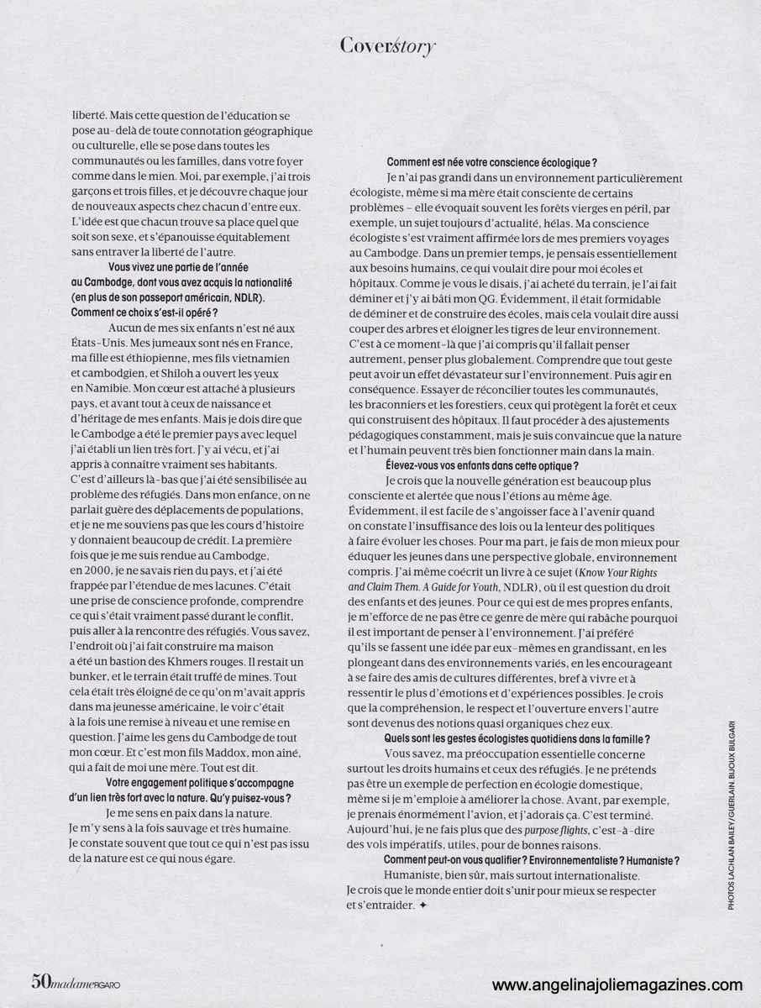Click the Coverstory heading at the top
(387, 45)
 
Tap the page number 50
(41, 981)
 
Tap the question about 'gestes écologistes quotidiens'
(517, 738)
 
